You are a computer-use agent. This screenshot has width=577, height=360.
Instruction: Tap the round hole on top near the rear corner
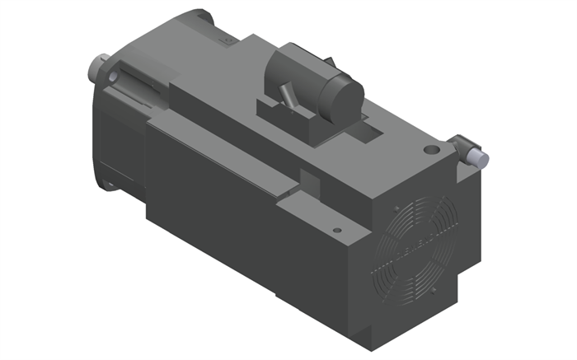click(x=430, y=151)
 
